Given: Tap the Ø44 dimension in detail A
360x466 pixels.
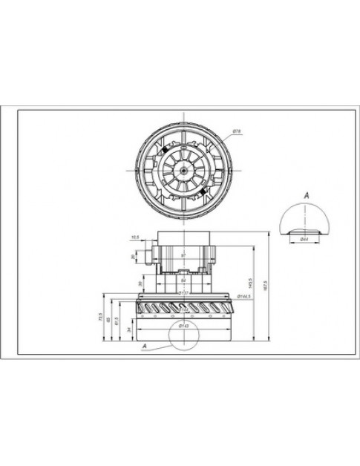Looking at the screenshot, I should tap(304, 239).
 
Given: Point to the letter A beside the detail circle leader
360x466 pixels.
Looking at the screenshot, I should tap(144, 345).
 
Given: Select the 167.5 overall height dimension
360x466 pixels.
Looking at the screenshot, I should tap(266, 283).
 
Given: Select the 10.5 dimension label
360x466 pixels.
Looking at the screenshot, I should tap(135, 237).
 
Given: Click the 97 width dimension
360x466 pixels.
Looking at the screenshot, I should tap(183, 256).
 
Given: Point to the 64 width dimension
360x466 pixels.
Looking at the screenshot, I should tap(183, 281).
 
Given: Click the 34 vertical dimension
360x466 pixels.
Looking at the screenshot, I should tap(130, 328).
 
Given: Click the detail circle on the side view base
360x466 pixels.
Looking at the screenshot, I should tap(183, 335).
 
